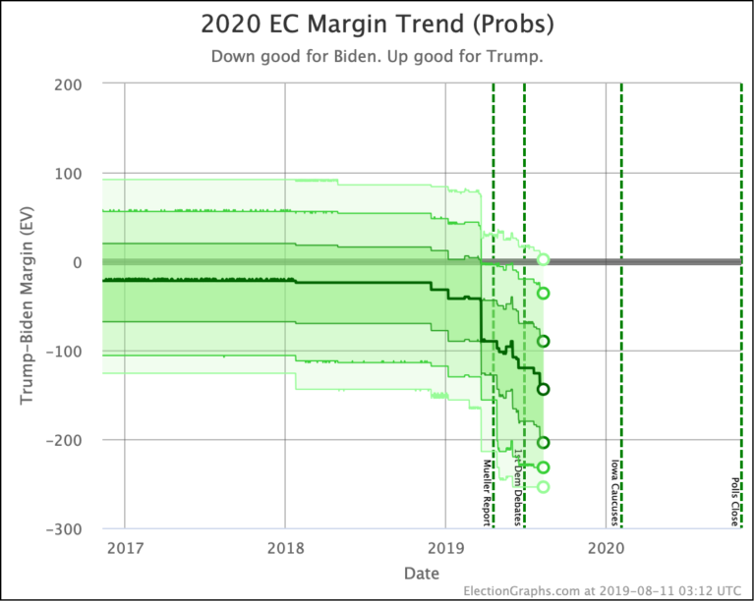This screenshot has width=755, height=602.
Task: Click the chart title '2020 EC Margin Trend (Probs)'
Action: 377,24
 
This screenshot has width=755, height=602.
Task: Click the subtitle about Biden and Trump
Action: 377,56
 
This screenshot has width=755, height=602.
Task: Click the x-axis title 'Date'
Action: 420,573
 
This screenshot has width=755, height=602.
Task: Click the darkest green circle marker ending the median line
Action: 543,389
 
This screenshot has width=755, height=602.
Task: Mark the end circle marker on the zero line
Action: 543,260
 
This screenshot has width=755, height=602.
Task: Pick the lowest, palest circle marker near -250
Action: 543,487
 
